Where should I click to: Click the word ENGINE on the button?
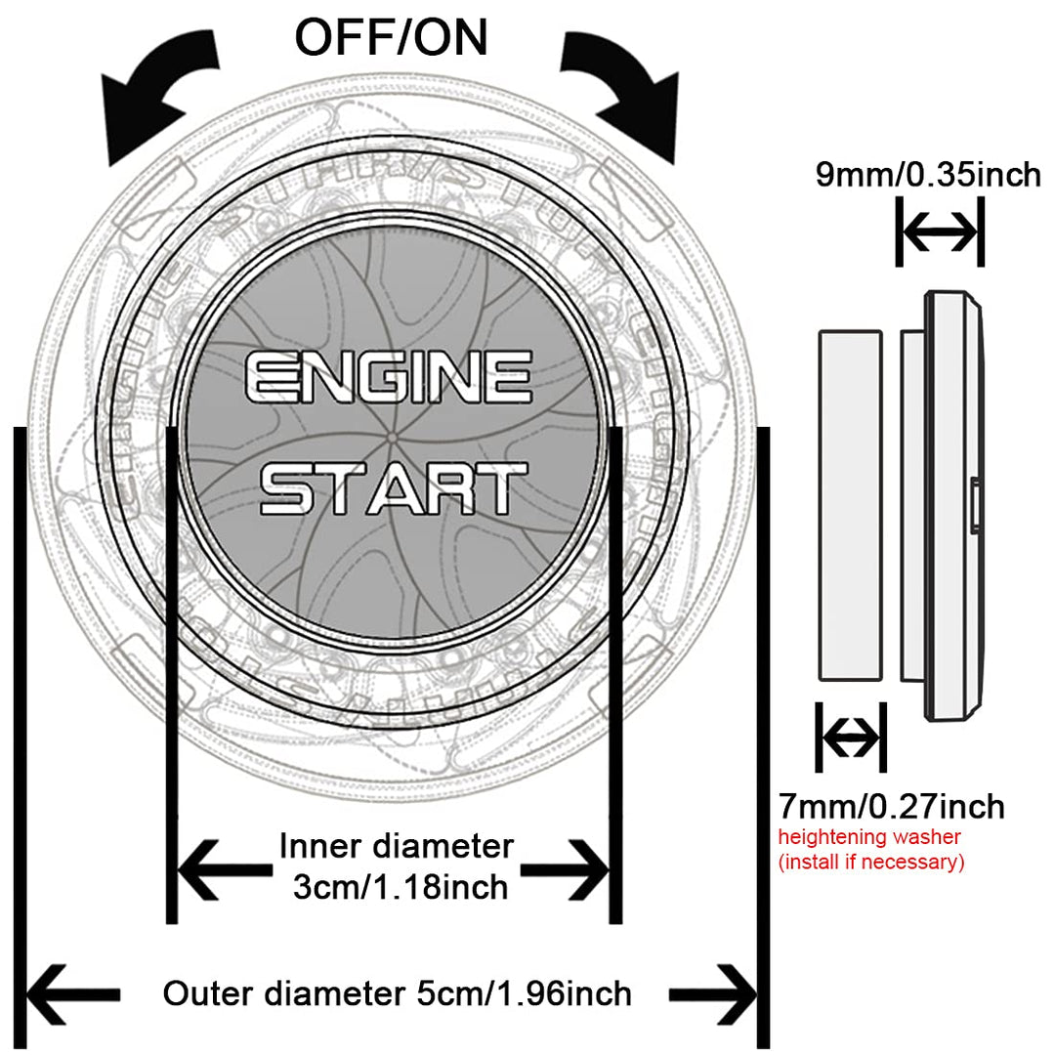(x=388, y=378)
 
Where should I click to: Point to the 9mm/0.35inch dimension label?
(x=928, y=175)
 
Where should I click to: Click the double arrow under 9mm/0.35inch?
(x=939, y=232)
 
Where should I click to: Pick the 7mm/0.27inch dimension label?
(x=891, y=807)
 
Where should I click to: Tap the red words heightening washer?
(x=869, y=837)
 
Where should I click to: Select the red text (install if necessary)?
(x=870, y=862)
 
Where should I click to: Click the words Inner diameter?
(x=396, y=845)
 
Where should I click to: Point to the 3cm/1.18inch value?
(x=400, y=887)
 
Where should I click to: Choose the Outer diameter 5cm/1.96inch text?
(x=397, y=994)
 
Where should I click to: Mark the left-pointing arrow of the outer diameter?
(x=73, y=994)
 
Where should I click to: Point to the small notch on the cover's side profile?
(x=976, y=506)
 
